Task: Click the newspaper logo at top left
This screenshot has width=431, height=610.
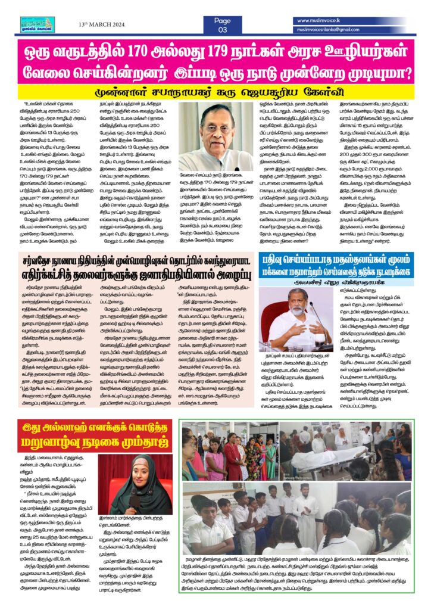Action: pyautogui.click(x=37, y=23)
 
